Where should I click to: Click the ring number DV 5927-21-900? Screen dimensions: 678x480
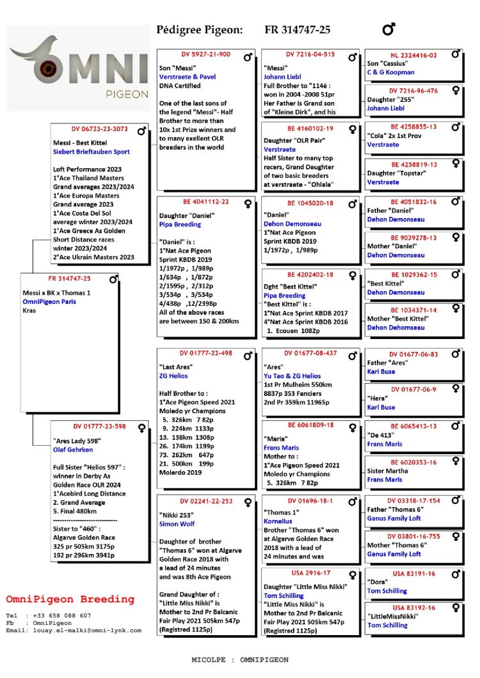(x=205, y=54)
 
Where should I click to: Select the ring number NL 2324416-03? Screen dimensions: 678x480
(x=413, y=56)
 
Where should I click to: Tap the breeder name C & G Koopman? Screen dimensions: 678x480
(x=390, y=73)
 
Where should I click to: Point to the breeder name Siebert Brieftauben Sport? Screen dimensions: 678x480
(x=91, y=152)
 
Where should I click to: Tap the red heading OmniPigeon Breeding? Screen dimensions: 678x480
(x=70, y=600)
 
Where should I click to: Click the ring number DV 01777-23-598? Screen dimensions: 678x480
(x=99, y=426)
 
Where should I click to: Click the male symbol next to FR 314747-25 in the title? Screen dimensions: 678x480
(x=388, y=29)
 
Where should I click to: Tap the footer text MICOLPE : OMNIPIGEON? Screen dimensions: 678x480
(x=240, y=659)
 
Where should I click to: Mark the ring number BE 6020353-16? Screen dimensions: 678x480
(x=413, y=462)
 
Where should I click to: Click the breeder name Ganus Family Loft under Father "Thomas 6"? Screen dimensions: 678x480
(x=394, y=519)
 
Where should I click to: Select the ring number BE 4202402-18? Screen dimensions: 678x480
(x=310, y=274)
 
